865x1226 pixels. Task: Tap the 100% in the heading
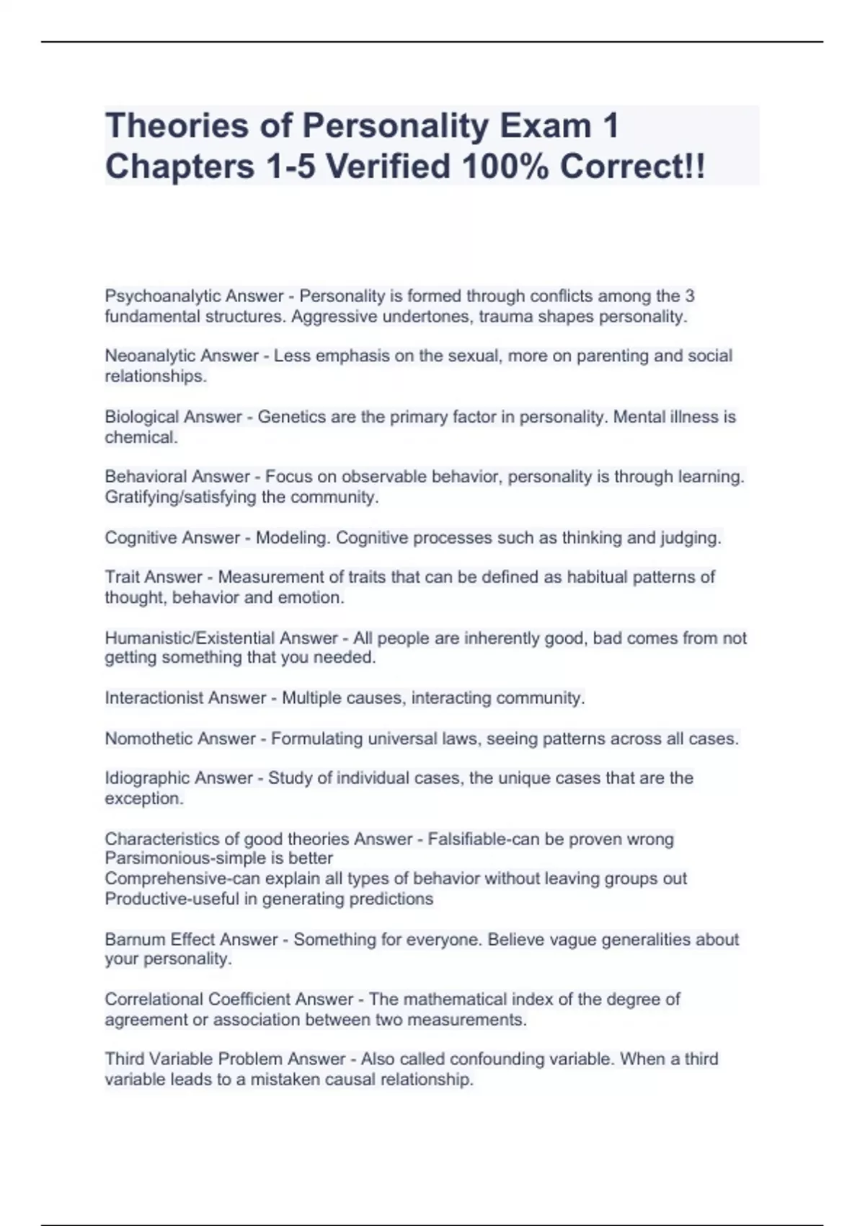coord(507,167)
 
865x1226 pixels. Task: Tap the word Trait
coord(123,577)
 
